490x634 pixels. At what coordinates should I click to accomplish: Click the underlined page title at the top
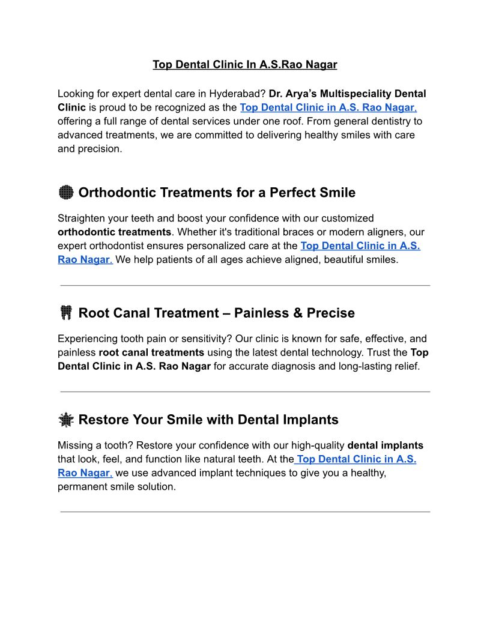pos(244,64)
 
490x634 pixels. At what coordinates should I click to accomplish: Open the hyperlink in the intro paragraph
pos(327,107)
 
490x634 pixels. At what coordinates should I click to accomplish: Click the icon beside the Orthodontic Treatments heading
pos(66,193)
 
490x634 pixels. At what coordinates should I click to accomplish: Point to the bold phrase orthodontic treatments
pos(115,232)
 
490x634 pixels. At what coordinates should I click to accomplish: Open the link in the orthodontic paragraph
pos(360,246)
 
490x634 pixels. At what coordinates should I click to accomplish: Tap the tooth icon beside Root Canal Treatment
pos(66,313)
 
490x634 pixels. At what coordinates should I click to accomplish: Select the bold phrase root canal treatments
pos(151,352)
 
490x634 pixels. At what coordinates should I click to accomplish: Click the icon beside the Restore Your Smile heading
pos(66,420)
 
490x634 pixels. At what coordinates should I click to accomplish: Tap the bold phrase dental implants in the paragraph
pos(386,445)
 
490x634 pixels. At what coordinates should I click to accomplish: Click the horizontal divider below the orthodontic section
pos(245,285)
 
